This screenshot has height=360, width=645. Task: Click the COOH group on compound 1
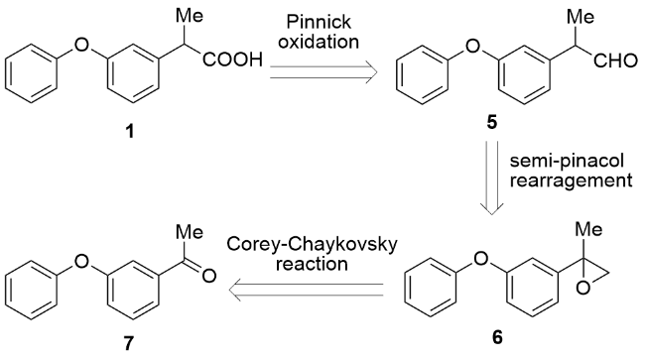232,60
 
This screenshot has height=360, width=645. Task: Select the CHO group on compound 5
615,60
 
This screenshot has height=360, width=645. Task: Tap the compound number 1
130,132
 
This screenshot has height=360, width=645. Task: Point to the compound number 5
492,122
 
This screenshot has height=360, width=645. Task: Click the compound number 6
497,337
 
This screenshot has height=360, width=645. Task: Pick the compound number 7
129,343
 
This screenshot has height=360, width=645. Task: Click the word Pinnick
319,22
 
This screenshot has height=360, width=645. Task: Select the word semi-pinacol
567,161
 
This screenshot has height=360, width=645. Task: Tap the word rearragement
571,180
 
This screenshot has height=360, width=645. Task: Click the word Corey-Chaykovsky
313,245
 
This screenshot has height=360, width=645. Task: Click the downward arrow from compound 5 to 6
492,178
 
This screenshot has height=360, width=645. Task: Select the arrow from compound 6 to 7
306,290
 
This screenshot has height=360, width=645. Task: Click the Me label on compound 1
190,16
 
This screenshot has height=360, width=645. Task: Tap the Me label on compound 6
588,229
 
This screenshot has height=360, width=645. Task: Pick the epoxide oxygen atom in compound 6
582,288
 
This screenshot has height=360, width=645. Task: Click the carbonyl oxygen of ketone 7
209,276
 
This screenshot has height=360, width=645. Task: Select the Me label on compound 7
190,232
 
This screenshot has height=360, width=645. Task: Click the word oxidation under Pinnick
319,42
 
